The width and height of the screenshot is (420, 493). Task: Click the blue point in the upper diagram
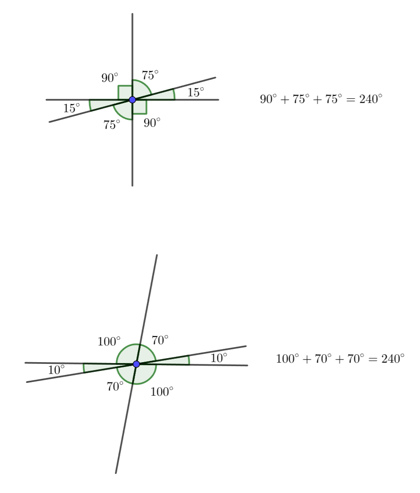pyautogui.click(x=132, y=100)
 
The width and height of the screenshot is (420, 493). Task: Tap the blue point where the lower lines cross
pyautogui.click(x=136, y=364)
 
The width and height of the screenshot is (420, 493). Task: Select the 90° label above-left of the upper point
pyautogui.click(x=110, y=78)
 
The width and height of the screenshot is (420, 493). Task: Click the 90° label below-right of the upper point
pyautogui.click(x=152, y=122)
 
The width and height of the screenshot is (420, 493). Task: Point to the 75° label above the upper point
pyautogui.click(x=150, y=75)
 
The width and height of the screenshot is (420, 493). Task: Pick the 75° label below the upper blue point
pyautogui.click(x=112, y=124)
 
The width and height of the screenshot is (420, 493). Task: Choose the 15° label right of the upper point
pyautogui.click(x=196, y=92)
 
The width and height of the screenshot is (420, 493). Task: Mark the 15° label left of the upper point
pyautogui.click(x=72, y=108)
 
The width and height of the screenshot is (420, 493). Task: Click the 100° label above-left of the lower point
pyautogui.click(x=109, y=341)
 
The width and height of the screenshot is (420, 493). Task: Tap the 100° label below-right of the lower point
pyautogui.click(x=162, y=391)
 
